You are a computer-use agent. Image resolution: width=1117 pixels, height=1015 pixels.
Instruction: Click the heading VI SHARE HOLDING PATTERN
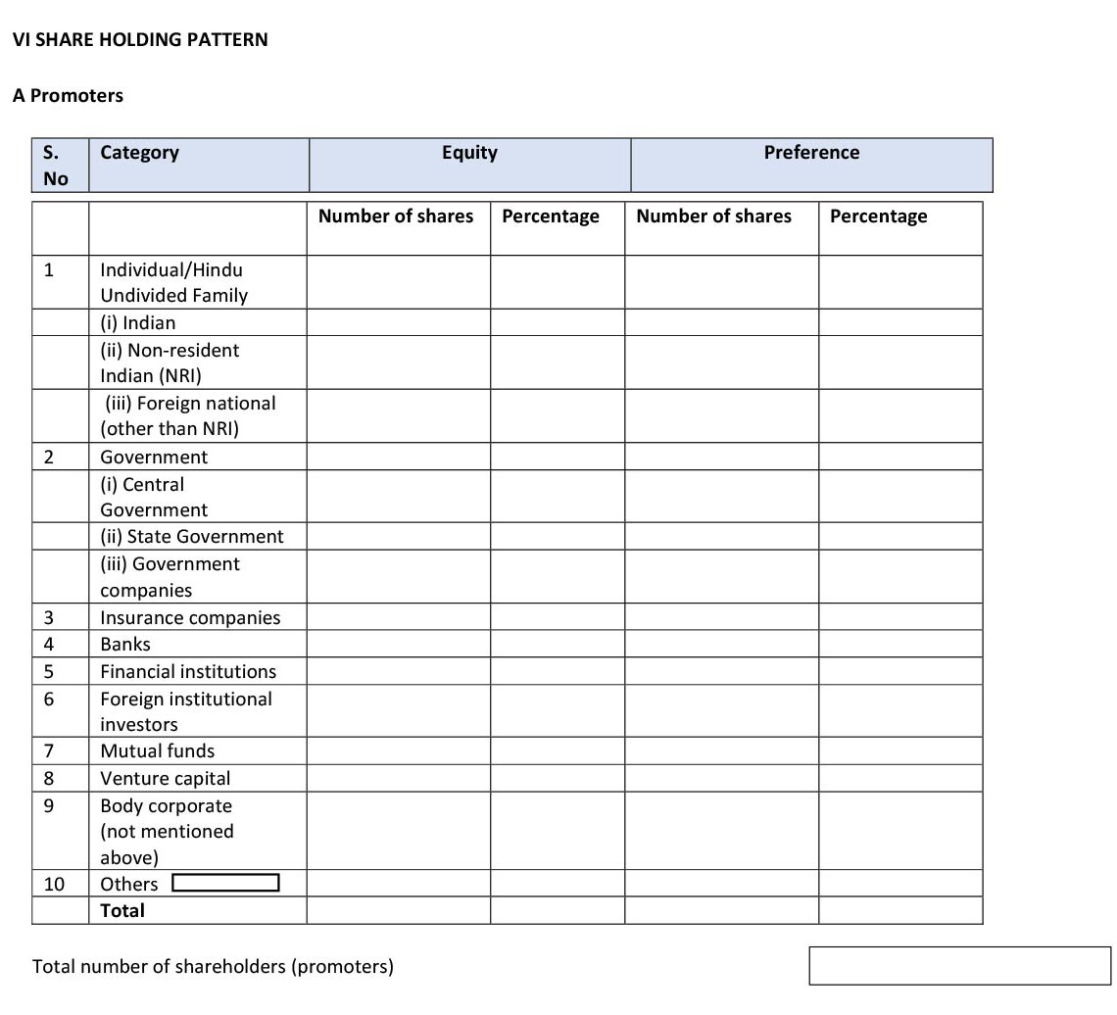(140, 40)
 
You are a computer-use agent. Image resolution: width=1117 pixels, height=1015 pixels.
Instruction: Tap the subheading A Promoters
(68, 96)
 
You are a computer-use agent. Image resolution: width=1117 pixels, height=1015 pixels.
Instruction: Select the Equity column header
(469, 153)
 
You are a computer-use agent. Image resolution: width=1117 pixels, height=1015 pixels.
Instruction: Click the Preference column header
(811, 153)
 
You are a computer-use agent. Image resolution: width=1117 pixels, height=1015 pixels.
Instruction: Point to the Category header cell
(140, 153)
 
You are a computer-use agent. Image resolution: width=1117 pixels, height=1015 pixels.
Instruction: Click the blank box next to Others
(225, 883)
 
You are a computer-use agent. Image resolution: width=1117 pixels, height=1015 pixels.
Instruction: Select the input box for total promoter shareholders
(959, 965)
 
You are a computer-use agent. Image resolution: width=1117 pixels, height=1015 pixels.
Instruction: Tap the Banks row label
(125, 644)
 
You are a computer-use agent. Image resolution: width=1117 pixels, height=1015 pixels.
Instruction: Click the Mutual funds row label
(157, 750)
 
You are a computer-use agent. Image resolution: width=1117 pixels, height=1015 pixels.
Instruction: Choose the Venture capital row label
(166, 778)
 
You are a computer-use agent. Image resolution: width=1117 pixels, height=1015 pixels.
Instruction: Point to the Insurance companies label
(190, 617)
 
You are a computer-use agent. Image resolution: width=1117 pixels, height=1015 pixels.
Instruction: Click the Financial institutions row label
(188, 671)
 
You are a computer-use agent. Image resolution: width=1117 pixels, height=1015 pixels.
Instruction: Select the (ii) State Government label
(191, 536)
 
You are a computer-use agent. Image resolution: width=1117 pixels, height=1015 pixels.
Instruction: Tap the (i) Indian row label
(138, 322)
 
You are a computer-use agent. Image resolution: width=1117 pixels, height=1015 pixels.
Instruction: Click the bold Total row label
(122, 910)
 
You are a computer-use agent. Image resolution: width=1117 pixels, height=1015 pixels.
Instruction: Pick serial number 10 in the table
(54, 884)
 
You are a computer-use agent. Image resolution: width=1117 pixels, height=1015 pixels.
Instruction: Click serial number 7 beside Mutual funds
(48, 750)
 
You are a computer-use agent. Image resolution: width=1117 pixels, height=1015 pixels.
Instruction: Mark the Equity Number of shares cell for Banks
(398, 644)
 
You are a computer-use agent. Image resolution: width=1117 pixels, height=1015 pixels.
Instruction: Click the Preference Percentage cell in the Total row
(899, 910)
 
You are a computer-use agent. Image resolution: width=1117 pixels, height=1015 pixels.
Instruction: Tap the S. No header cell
(57, 165)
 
